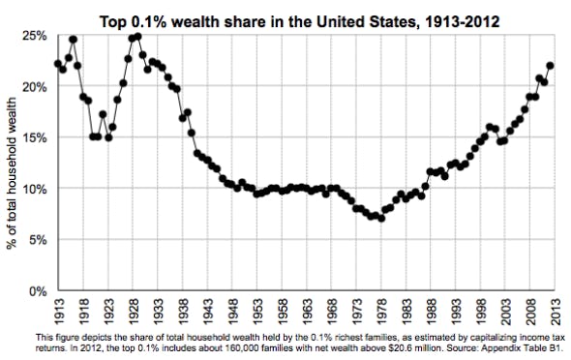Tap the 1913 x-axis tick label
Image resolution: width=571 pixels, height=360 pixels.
pyautogui.click(x=58, y=312)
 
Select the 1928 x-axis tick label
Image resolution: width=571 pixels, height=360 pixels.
pyautogui.click(x=135, y=312)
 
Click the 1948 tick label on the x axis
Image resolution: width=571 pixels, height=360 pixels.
pyautogui.click(x=236, y=312)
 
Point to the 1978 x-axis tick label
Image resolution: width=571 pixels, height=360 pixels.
pyautogui.click(x=389, y=312)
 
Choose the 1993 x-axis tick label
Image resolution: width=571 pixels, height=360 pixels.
pyautogui.click(x=466, y=312)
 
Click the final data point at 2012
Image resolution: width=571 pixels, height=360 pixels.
pyautogui.click(x=550, y=66)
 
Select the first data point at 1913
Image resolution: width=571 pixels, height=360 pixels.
pyautogui.click(x=57, y=64)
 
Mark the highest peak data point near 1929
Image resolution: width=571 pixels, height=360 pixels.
pyautogui.click(x=138, y=37)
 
